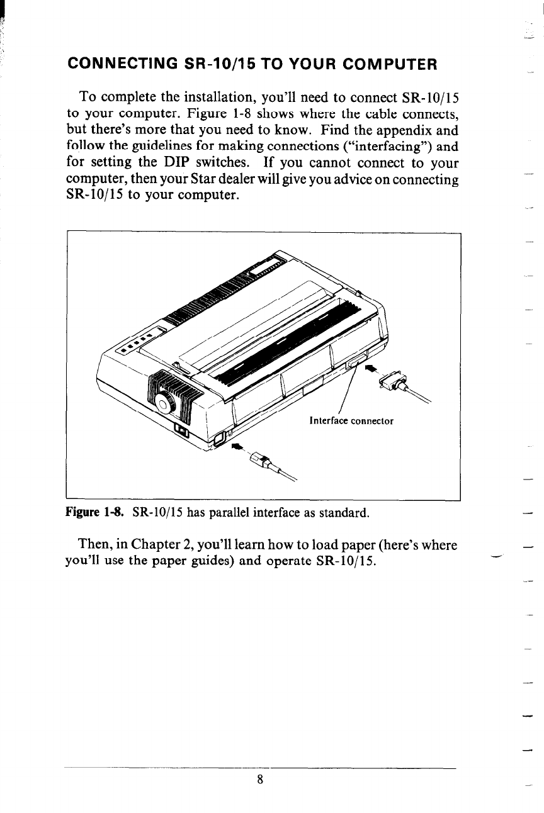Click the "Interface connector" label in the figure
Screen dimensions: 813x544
(351, 421)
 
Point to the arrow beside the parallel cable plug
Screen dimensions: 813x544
(370, 369)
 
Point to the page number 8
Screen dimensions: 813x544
(259, 779)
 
